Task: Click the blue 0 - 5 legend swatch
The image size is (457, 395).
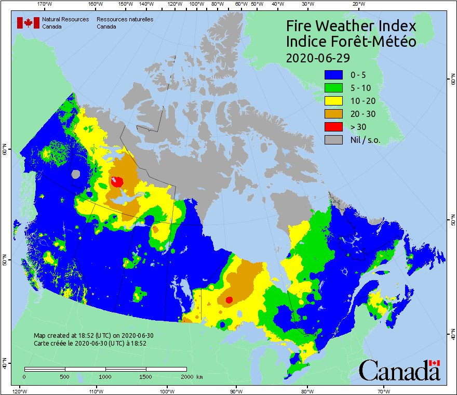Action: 334,75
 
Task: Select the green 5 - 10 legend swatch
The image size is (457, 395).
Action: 334,88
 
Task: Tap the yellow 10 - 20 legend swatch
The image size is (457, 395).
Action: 334,101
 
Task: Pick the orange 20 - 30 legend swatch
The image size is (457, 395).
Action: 334,114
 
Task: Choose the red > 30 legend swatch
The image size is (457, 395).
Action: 334,127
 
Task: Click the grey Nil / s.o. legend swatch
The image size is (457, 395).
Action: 334,139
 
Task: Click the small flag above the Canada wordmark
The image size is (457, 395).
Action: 434,363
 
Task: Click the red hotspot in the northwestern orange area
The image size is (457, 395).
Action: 117,181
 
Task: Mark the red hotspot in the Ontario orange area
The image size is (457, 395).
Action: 229,299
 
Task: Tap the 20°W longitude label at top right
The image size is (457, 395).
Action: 357,4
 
